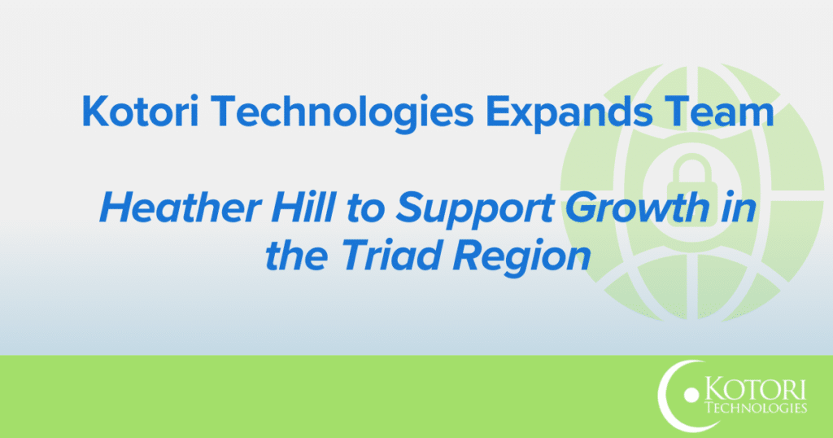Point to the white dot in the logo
click(x=692, y=396)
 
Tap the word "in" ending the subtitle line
click(x=740, y=212)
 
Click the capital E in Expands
click(x=496, y=111)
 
